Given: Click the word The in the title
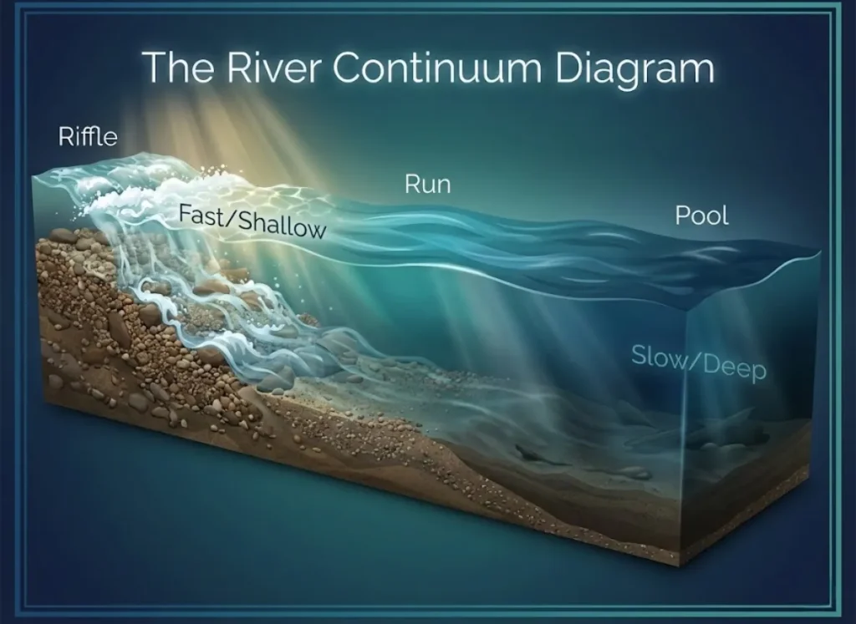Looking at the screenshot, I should [x=171, y=67].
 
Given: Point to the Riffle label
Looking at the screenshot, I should [x=87, y=136].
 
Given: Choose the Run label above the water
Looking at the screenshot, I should [x=427, y=184].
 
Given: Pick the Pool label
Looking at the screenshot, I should [x=701, y=216].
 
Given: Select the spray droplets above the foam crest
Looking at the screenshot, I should [x=221, y=172].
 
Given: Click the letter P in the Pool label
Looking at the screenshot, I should [x=682, y=216].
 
